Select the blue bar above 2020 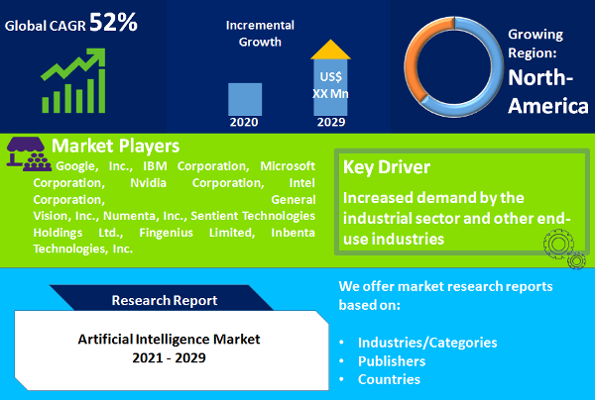245,99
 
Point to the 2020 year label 245,123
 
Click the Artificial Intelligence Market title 169,339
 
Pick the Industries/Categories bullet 427,343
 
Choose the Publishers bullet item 393,361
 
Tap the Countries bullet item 390,379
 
